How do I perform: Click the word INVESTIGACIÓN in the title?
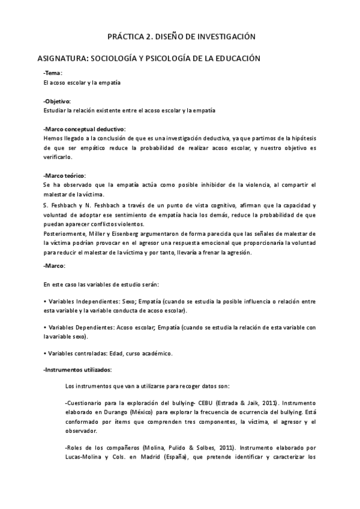(223, 37)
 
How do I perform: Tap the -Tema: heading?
(53, 73)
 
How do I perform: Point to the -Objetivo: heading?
(57, 101)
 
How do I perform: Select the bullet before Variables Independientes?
(45, 300)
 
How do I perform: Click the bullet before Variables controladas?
(45, 353)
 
